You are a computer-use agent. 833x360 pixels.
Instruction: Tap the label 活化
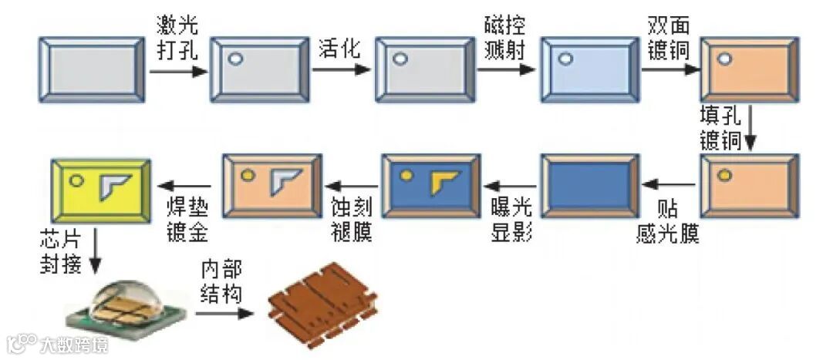click(339, 49)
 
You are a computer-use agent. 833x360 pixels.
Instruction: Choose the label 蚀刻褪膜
click(352, 221)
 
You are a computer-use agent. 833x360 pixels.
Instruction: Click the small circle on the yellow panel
click(77, 181)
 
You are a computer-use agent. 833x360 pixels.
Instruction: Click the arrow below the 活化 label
click(339, 70)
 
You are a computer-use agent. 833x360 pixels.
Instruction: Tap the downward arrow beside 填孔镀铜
click(750, 132)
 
